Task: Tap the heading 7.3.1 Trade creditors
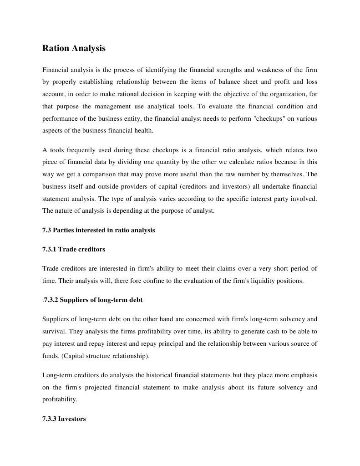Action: [x=74, y=249]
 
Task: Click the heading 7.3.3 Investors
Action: [x=64, y=418]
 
